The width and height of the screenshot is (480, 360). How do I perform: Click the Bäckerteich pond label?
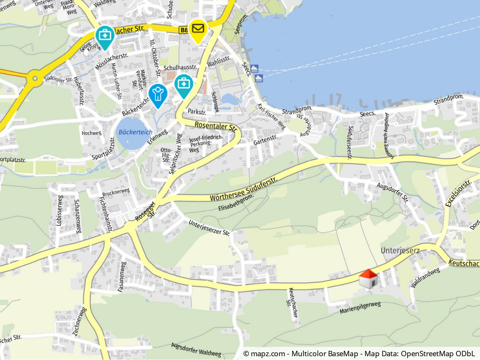tap(135, 132)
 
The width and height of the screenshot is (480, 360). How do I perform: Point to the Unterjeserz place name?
tap(400, 251)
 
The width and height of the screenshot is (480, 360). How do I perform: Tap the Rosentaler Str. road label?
tap(216, 126)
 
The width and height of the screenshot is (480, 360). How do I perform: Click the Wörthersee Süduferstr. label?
tap(244, 188)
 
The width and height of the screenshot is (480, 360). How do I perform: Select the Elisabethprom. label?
tap(236, 203)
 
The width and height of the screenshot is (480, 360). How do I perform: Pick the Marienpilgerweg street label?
tap(360, 308)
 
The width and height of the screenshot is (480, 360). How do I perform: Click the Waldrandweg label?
tap(425, 278)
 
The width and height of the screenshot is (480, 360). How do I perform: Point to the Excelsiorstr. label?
tap(458, 193)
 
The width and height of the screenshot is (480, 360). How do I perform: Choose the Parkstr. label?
tap(197, 112)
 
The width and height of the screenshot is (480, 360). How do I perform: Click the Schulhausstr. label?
tap(180, 67)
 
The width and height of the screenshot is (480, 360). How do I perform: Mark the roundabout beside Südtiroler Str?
tap(35, 79)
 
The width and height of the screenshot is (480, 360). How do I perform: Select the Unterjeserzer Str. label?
tap(209, 227)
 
